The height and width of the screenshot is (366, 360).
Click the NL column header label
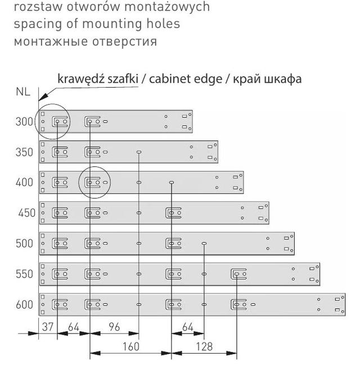23,92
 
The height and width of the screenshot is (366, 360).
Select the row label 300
24,121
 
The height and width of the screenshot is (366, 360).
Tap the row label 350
24,152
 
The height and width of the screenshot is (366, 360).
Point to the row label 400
24,182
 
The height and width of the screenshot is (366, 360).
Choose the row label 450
26,213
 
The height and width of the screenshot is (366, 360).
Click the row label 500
24,243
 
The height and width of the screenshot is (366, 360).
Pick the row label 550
24,274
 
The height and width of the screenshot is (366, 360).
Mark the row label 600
24,305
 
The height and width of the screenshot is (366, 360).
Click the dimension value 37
48,327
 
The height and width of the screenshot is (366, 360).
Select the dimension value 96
114,327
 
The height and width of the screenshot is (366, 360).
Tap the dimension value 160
131,347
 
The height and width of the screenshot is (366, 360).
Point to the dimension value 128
204,347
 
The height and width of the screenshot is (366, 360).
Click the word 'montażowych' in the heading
167,7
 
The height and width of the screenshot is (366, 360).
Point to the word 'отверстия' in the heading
124,42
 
